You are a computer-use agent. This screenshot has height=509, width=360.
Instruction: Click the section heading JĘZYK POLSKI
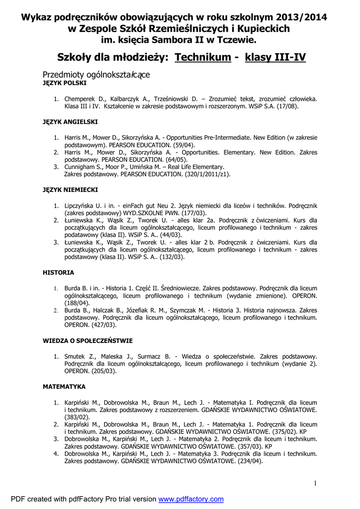pyautogui.click(x=65, y=84)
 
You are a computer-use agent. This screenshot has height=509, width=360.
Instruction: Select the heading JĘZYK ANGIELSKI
pyautogui.click(x=70, y=122)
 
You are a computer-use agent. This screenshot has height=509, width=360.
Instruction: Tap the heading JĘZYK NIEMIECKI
pyautogui.click(x=70, y=189)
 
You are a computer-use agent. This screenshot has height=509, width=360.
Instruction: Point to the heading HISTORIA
pyautogui.click(x=58, y=272)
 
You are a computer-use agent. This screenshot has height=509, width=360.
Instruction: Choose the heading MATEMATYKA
pyautogui.click(x=64, y=386)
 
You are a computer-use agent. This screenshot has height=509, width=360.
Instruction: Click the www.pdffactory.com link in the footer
pyautogui.click(x=191, y=499)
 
